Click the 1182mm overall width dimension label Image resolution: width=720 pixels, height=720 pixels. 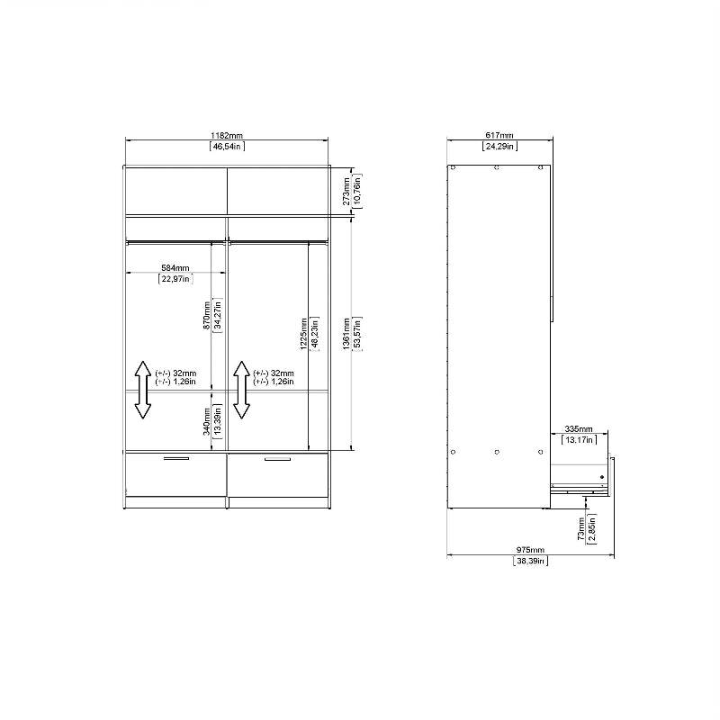(227, 135)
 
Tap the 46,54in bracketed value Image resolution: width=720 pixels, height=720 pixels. (227, 146)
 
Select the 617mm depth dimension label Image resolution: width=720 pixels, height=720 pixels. (499, 135)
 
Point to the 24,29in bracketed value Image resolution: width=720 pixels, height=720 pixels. (499, 146)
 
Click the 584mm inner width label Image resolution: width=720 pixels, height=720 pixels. (175, 268)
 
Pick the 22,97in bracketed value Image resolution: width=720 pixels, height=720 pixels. (175, 279)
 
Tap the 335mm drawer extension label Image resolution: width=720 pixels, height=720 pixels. (579, 429)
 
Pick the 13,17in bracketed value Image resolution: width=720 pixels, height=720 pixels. (579, 440)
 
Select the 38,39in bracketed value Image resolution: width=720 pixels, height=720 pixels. (531, 561)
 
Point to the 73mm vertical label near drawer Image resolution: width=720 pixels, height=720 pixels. (582, 528)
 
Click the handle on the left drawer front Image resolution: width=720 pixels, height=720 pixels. (176, 459)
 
